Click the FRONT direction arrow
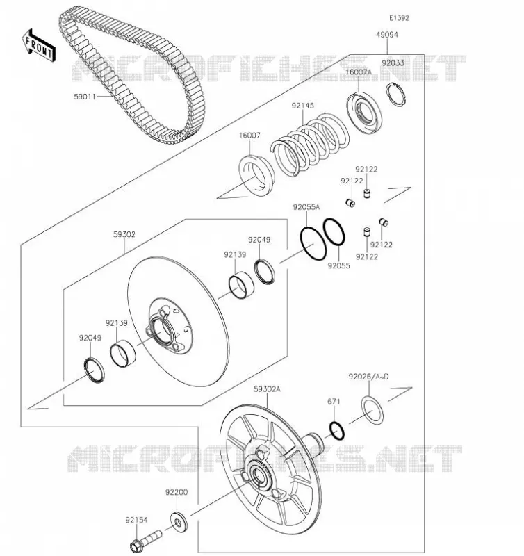(39, 46)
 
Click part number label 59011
(85, 96)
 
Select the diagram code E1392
(399, 18)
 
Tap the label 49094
(387, 34)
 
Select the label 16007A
(358, 72)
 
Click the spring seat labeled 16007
(256, 175)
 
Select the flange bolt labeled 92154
(145, 541)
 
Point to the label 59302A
(267, 389)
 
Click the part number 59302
(124, 234)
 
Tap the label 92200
(177, 492)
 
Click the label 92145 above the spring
(303, 106)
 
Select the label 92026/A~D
(368, 376)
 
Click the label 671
(334, 402)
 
